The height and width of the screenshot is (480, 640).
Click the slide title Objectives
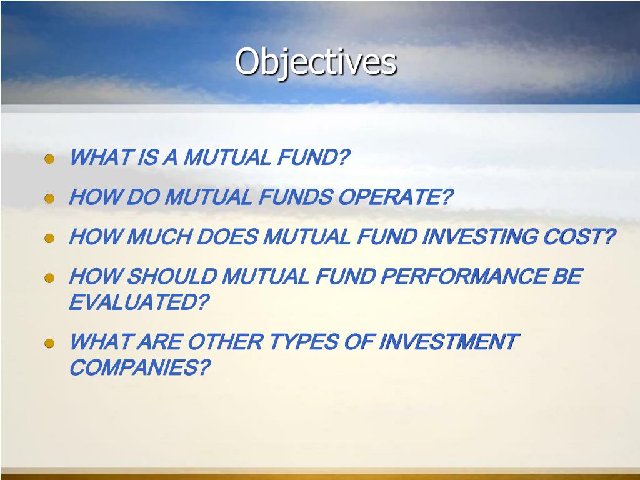click(316, 62)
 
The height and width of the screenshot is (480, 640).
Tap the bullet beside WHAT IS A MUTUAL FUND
click(49, 159)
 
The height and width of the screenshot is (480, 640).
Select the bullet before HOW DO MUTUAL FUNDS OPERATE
click(49, 199)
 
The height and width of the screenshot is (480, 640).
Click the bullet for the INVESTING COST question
click(49, 238)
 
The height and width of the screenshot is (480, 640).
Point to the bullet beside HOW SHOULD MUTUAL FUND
click(49, 278)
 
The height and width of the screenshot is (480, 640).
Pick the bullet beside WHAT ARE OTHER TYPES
click(49, 343)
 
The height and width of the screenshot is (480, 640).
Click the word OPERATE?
click(396, 197)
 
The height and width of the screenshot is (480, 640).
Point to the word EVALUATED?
click(139, 302)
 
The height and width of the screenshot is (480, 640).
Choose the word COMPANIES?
click(140, 367)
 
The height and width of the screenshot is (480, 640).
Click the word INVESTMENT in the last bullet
click(449, 342)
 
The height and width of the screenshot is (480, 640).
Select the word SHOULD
click(172, 277)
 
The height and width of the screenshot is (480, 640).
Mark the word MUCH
click(159, 237)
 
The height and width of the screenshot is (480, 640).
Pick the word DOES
click(227, 237)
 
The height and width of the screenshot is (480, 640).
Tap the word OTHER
click(226, 342)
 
